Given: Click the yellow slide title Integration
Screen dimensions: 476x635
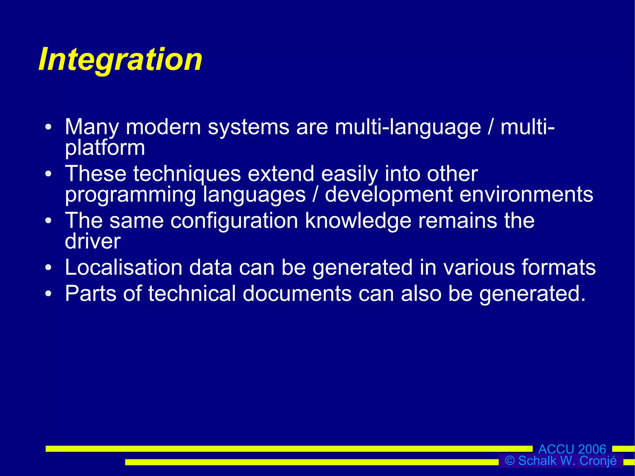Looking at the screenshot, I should coord(120,60).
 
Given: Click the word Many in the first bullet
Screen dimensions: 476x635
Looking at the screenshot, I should coord(92,127).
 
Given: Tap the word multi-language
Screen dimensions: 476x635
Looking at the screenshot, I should coord(408,127).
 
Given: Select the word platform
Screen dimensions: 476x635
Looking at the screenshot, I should coord(105,148).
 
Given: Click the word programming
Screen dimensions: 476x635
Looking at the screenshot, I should coord(130,195).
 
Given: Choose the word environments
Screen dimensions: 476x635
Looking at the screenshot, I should coord(526,195).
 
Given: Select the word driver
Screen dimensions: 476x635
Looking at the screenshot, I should coord(92,241).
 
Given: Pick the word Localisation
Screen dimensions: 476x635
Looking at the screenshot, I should coord(123,267).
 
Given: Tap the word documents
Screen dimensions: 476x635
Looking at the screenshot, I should coord(297,293).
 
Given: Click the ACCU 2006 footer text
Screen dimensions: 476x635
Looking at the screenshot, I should coord(572,449).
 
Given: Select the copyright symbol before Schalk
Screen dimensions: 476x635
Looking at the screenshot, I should coord(510,461).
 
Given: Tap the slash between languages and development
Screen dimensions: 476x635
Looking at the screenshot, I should coord(315,195).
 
